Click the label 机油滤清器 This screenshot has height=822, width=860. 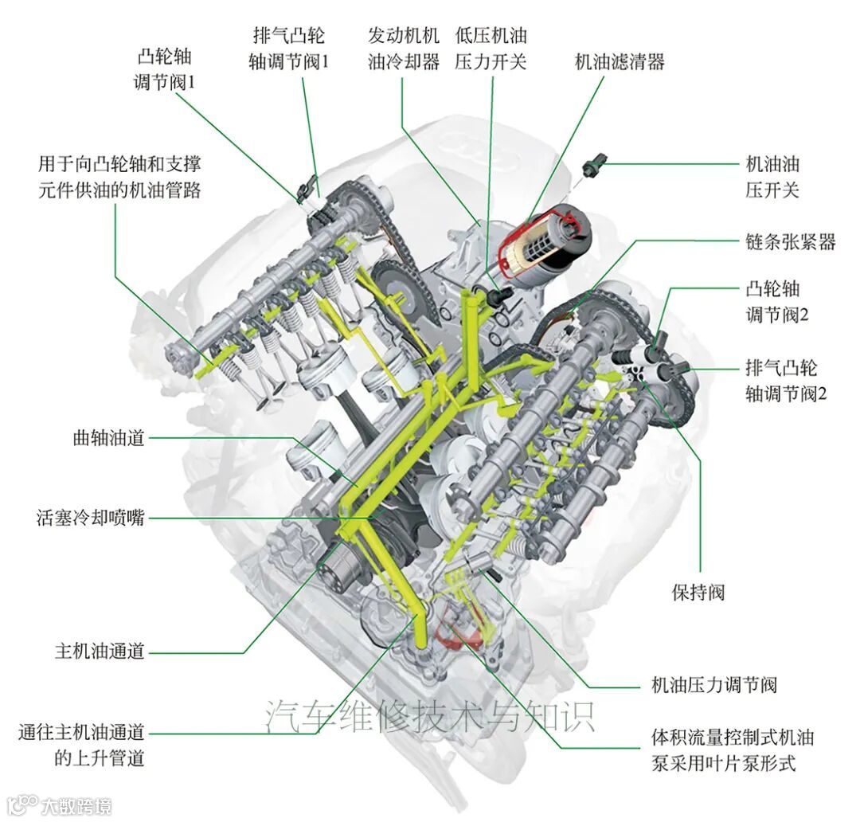[620, 62]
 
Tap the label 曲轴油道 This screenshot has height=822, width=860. [108, 438]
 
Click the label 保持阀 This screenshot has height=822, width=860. [698, 593]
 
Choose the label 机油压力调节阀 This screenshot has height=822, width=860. [713, 685]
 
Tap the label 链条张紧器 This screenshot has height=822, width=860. [791, 242]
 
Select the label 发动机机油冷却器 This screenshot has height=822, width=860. [403, 49]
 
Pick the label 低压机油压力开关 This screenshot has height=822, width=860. [491, 49]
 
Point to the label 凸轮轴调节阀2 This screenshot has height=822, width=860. [776, 300]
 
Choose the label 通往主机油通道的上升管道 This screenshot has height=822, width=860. [82, 744]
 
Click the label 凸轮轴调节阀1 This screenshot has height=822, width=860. [166, 69]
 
